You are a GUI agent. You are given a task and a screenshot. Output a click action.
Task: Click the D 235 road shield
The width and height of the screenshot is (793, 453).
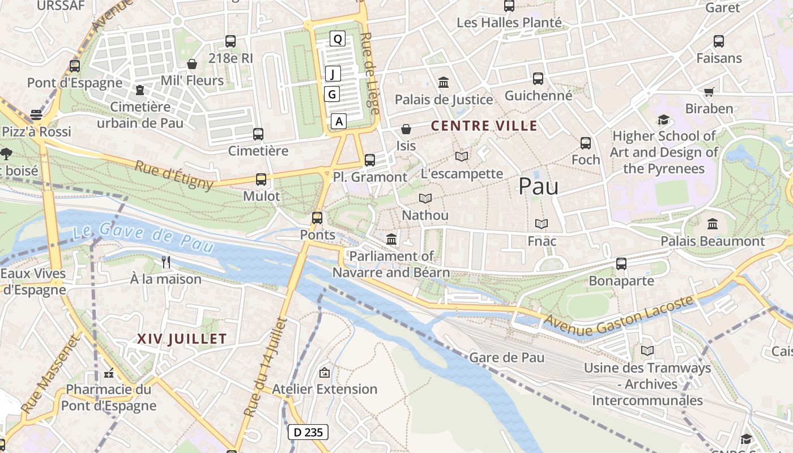pyautogui.click(x=308, y=433)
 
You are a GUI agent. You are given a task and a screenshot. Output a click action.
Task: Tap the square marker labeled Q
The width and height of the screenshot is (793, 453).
pyautogui.click(x=338, y=39)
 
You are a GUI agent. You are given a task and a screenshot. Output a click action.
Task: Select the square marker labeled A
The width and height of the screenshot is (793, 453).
pyautogui.click(x=339, y=121)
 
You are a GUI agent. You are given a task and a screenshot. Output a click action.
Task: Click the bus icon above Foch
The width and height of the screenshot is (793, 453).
pyautogui.click(x=586, y=143)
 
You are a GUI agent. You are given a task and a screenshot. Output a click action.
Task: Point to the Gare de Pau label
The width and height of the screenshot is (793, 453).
pyautogui.click(x=506, y=357)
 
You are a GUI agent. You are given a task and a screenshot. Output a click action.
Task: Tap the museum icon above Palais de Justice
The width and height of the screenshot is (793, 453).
pyautogui.click(x=444, y=83)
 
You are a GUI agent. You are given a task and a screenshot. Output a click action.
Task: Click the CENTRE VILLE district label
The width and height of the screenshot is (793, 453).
pyautogui.click(x=484, y=126)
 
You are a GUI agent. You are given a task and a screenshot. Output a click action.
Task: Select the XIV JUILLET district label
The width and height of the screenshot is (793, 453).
pyautogui.click(x=182, y=339)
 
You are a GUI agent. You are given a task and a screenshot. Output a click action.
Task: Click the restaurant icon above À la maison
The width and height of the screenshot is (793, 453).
pyautogui.click(x=166, y=262)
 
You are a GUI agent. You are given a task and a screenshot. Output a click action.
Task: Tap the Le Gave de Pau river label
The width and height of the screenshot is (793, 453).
pyautogui.click(x=143, y=236)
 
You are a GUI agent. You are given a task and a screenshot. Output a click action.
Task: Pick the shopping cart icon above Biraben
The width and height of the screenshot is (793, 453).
pyautogui.click(x=709, y=92)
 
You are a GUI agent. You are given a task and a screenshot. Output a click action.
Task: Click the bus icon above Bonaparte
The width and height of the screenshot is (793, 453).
pyautogui.click(x=621, y=264)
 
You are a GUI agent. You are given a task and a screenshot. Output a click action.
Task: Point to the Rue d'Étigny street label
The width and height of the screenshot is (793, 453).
pyautogui.click(x=174, y=175)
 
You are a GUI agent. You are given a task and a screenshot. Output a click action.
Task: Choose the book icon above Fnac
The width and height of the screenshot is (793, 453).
pyautogui.click(x=542, y=224)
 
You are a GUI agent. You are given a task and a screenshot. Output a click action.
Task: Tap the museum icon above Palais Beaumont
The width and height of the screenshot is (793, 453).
pyautogui.click(x=713, y=224)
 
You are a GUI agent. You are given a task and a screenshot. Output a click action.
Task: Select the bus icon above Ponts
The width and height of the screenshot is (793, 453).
pyautogui.click(x=317, y=217)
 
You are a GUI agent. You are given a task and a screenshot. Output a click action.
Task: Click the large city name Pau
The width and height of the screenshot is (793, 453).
pyautogui.click(x=538, y=186)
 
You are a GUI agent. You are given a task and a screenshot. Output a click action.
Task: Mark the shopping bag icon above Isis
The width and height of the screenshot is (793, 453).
pyautogui.click(x=406, y=129)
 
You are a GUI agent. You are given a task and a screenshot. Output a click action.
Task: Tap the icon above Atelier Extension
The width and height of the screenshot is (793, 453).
pyautogui.click(x=325, y=372)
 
